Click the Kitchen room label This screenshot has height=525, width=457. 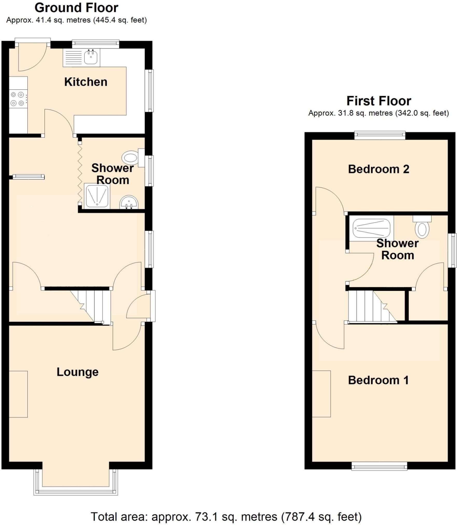click(x=86, y=82)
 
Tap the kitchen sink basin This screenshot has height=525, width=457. click(x=91, y=57)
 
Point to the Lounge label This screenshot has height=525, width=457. click(x=78, y=372)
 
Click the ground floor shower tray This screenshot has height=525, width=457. click(x=97, y=196)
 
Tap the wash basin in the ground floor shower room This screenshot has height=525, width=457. click(x=129, y=202)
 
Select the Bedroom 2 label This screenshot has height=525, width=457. click(x=378, y=169)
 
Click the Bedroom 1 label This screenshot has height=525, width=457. click(x=378, y=380)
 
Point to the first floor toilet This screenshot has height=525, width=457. click(x=422, y=227)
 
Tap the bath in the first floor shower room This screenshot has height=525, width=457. click(x=371, y=228)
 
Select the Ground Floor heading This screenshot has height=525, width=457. click(x=76, y=8)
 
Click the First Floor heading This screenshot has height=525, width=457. click(x=379, y=101)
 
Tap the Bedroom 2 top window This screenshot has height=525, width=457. click(x=380, y=135)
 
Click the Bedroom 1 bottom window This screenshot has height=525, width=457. click(x=379, y=466)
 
